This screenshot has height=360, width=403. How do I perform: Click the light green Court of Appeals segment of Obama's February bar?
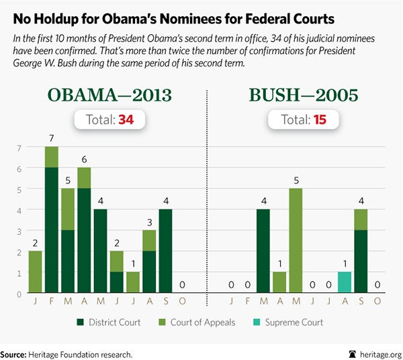point(52,157)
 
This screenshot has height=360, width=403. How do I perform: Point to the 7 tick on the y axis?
point(19,147)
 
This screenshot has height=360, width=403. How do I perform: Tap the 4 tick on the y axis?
point(19,210)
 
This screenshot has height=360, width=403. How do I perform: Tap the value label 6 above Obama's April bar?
point(85,159)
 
